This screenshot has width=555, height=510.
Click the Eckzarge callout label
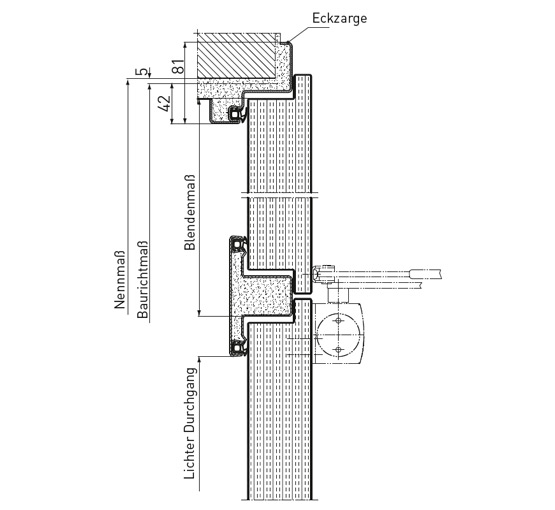[339, 18]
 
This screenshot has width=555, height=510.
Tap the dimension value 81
[179, 65]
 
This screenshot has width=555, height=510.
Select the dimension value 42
[165, 103]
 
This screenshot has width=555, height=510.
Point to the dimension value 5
[143, 71]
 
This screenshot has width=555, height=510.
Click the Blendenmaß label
[190, 212]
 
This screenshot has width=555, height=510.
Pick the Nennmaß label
[120, 280]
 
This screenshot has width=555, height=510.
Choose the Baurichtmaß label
[142, 280]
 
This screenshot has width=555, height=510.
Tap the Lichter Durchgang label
[190, 424]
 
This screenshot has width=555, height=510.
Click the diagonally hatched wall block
[236, 56]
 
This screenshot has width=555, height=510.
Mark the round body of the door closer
[339, 335]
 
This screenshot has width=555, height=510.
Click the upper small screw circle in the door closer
[339, 321]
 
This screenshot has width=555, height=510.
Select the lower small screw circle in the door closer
[339, 350]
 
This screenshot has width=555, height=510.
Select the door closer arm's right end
[441, 273]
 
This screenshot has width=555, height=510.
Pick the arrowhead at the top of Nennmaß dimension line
[128, 82]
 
